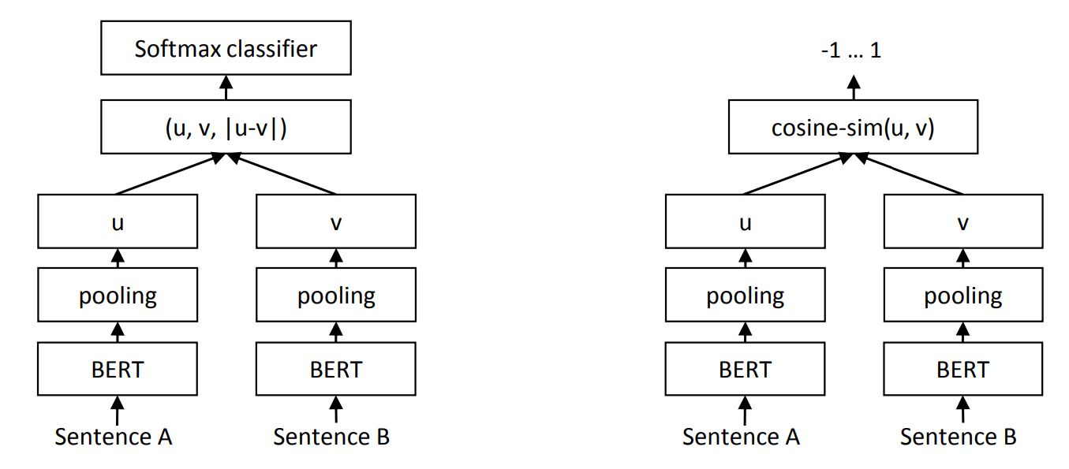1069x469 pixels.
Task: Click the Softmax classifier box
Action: pos(226,49)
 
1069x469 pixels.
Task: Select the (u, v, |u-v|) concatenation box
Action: pos(226,128)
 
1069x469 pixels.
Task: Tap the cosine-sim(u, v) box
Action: pos(853,128)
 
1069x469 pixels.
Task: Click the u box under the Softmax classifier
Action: pos(118,222)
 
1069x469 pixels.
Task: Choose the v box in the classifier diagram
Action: pos(336,222)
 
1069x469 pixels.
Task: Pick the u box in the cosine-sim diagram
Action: pos(745,222)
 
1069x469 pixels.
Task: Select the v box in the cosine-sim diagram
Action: pos(963,222)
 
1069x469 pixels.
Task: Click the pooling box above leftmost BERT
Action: pos(118,296)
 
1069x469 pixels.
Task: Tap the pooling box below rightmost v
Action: pos(963,296)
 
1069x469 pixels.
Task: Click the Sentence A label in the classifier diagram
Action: pos(114,437)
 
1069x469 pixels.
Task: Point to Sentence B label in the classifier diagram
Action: pos(331,437)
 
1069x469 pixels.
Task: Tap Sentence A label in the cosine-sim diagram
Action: pos(741,437)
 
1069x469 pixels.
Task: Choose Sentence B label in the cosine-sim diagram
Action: pos(959,437)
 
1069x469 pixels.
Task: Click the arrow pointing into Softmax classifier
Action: pos(226,87)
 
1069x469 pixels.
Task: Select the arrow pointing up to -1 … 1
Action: pos(853,87)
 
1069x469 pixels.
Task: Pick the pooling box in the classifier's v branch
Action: pos(336,296)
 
